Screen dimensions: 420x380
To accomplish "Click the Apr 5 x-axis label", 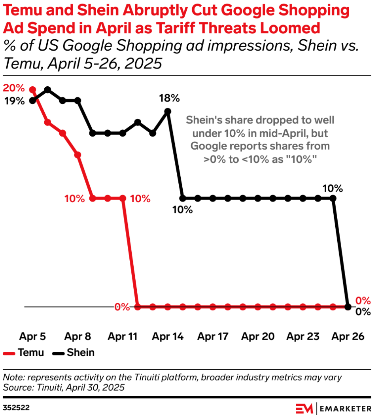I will pos(32,336).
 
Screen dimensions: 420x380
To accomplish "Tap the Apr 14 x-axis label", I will pos(168,336).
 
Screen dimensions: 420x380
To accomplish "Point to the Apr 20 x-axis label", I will pos(258,336).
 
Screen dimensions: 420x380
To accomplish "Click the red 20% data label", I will pos(14,88).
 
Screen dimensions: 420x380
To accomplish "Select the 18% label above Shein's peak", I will pos(169,98).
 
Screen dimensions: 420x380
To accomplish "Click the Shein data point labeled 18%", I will pos(168,112).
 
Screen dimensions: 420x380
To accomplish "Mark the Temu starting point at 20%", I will pos(33,90).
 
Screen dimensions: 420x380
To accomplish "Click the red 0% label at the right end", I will pos(363,300).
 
